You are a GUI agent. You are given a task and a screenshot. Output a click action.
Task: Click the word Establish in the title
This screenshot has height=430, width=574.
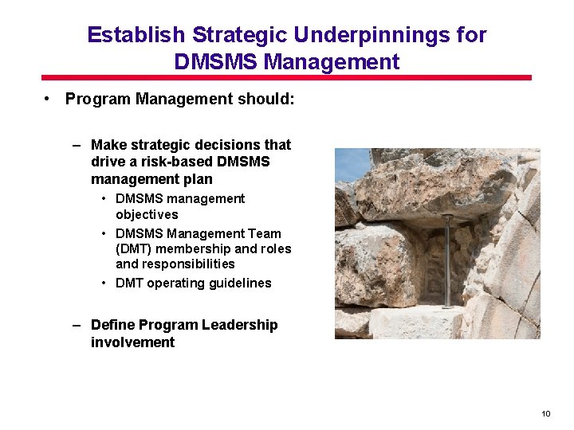pyautogui.click(x=136, y=36)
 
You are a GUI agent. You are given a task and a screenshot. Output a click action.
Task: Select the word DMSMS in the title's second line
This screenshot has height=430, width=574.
pyautogui.click(x=214, y=62)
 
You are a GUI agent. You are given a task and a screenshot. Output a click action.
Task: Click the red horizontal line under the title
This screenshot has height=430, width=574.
pyautogui.click(x=286, y=78)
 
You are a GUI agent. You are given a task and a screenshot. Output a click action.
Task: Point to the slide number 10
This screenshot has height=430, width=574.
pyautogui.click(x=545, y=413)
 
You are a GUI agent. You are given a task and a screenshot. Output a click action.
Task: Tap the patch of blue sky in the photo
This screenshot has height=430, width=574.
pyautogui.click(x=351, y=165)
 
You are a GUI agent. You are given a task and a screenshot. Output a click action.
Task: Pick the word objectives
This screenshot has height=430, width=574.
pyautogui.click(x=147, y=214)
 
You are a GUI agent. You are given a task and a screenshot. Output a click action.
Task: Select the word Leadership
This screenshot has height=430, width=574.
pyautogui.click(x=239, y=325)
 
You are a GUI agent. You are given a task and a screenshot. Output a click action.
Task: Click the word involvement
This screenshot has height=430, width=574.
pyautogui.click(x=132, y=342)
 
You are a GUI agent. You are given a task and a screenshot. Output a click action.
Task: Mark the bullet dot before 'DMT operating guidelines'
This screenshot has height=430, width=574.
pyautogui.click(x=104, y=283)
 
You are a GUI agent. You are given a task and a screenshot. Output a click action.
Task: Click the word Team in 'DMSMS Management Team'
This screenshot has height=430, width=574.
pyautogui.click(x=265, y=233)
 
